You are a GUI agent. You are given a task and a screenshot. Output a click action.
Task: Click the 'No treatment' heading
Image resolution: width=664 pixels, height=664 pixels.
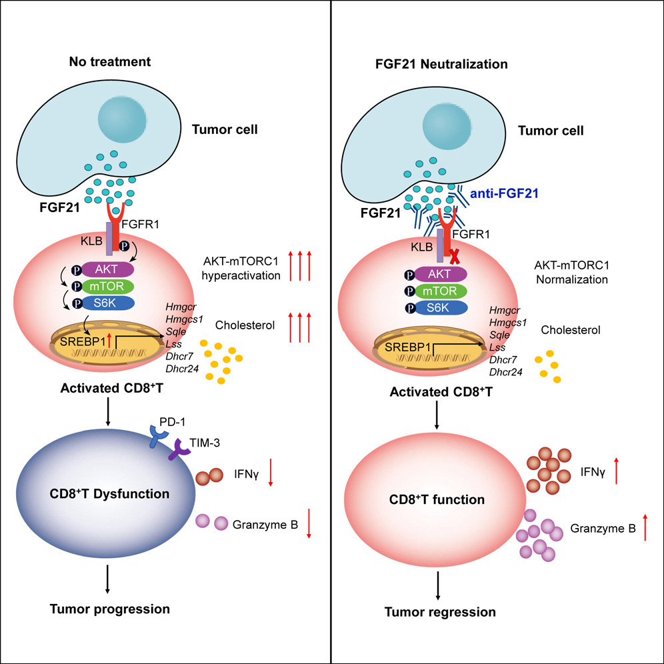click(111, 62)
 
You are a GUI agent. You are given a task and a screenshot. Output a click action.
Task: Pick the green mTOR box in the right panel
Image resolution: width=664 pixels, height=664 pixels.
click(440, 291)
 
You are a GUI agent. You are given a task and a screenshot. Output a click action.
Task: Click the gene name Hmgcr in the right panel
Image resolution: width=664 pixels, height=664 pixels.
click(506, 310)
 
